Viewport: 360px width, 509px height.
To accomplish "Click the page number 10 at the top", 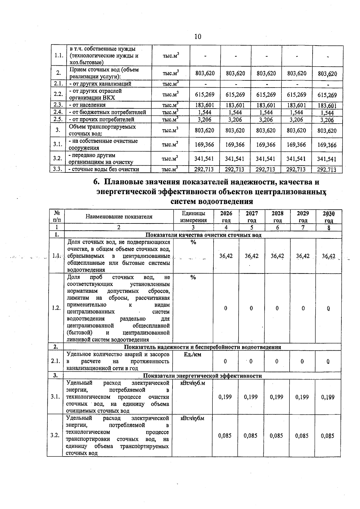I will (198, 37).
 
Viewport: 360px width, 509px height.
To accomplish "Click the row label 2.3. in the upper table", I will (58, 105).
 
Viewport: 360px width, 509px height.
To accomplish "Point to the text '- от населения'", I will (87, 105).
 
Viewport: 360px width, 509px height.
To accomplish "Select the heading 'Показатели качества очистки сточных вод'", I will (203, 235).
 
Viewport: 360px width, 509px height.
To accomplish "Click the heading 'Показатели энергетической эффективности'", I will (202, 376).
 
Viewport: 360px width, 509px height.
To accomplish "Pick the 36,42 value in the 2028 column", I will (277, 256).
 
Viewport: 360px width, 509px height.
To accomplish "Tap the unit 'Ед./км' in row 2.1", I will (192, 354).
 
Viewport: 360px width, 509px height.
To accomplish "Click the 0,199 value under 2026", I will (225, 397).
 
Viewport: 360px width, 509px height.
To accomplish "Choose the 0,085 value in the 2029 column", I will (302, 436).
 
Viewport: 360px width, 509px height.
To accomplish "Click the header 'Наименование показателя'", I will (119, 217).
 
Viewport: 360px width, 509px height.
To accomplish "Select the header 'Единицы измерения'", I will (193, 217).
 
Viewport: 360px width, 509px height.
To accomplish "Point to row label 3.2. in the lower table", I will (55, 435).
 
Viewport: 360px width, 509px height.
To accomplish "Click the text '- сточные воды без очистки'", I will (104, 169).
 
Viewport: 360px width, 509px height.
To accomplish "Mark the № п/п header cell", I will (57, 217).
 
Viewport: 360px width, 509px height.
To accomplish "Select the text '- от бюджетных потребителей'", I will (107, 112).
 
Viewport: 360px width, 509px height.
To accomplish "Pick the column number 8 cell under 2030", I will (328, 228).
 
